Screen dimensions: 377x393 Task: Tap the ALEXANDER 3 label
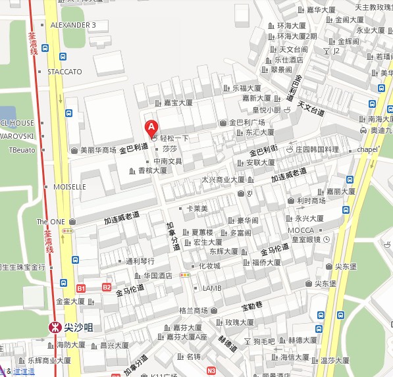[73, 25]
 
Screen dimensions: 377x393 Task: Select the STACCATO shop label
[65, 71]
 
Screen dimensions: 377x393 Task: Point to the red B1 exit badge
[81, 288]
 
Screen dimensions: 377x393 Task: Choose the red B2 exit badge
[107, 287]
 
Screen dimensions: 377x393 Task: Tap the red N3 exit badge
[211, 370]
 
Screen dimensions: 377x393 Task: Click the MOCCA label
[300, 230]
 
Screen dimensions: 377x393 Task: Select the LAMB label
[211, 288]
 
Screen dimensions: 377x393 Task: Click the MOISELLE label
[70, 187]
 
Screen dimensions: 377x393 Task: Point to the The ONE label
[51, 222]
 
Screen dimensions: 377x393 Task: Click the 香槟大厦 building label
[152, 170]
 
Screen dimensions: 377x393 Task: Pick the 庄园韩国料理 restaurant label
[317, 149]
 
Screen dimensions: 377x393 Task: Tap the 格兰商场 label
[193, 311]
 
